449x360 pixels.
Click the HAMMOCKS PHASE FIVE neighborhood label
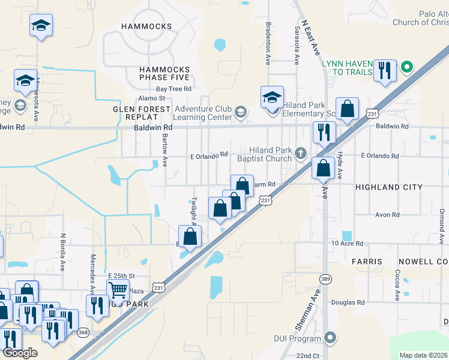point(164,73)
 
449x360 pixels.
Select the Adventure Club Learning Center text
point(203,113)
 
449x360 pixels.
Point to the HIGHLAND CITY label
point(389,187)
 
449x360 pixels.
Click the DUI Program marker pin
point(328,338)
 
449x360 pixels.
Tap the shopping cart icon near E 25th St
point(118,290)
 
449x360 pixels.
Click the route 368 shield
point(83,333)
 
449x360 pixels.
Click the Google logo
point(20,353)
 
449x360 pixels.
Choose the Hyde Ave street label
point(339,165)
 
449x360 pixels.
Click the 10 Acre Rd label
point(348,244)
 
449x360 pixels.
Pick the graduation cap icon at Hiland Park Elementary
point(272,97)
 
